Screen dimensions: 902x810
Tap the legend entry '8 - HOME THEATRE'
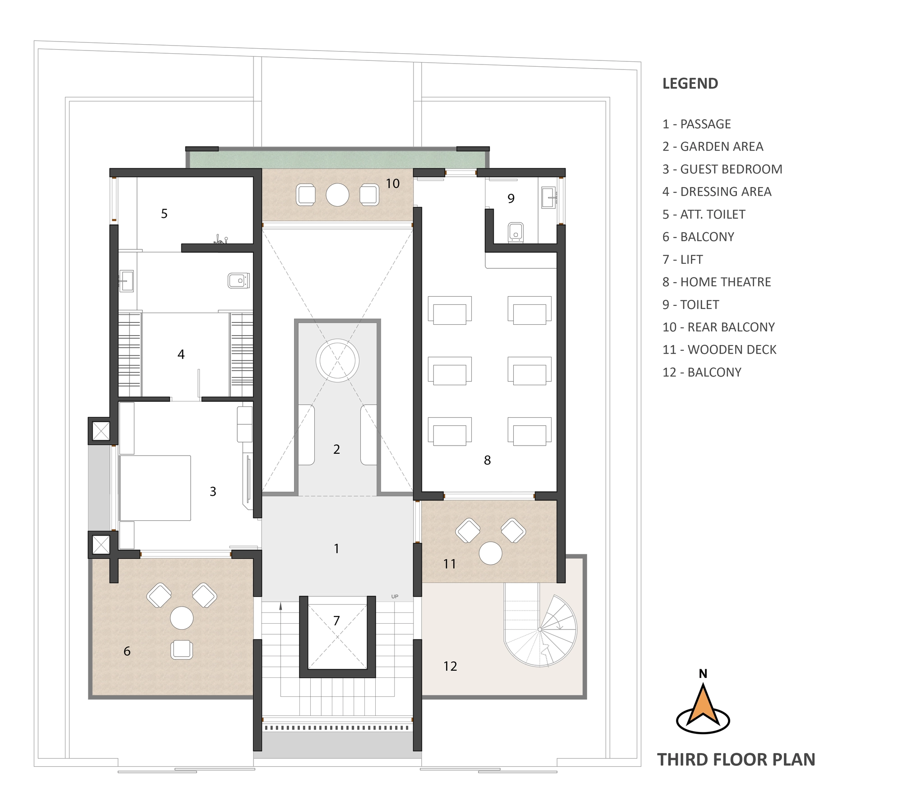(717, 282)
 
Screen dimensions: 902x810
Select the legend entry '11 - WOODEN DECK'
(719, 350)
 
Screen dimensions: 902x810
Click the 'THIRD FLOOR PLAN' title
(736, 759)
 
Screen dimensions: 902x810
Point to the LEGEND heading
(690, 83)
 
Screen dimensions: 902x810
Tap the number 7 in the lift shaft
(336, 621)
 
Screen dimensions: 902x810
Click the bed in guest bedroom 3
(155, 488)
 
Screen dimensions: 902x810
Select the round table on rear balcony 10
(337, 194)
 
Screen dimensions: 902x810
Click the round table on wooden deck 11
(491, 553)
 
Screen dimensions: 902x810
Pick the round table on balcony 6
(182, 618)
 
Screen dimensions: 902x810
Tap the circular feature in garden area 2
(337, 361)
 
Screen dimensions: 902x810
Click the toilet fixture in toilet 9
(515, 232)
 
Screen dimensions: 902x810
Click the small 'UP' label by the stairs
(395, 597)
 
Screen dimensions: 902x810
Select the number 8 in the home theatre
(487, 460)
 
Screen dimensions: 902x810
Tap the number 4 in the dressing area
(181, 354)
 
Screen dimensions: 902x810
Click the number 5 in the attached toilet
(164, 213)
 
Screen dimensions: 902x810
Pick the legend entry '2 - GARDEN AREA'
(713, 147)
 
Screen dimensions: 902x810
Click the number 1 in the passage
(336, 548)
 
